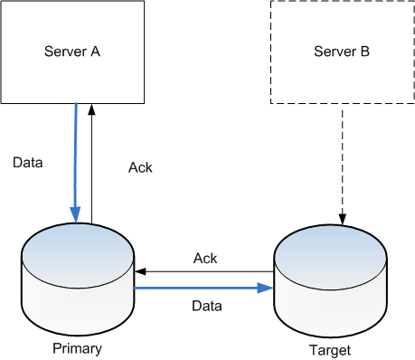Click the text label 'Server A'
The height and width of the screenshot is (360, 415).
click(x=72, y=52)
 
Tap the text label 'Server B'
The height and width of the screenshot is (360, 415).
click(x=341, y=52)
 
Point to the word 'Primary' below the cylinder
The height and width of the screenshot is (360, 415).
click(x=77, y=348)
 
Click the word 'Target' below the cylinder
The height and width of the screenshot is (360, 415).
click(x=329, y=348)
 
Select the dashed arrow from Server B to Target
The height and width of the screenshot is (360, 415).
click(x=342, y=158)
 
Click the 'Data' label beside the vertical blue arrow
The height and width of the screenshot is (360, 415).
click(x=28, y=164)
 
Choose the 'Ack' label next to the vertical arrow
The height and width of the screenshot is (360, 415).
click(x=140, y=168)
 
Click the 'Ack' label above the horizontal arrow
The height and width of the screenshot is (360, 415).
click(x=205, y=259)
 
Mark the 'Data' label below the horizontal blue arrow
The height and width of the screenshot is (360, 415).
click(x=207, y=307)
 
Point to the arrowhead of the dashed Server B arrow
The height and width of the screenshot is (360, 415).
click(x=342, y=219)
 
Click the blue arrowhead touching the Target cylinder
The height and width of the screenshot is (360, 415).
click(x=268, y=289)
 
